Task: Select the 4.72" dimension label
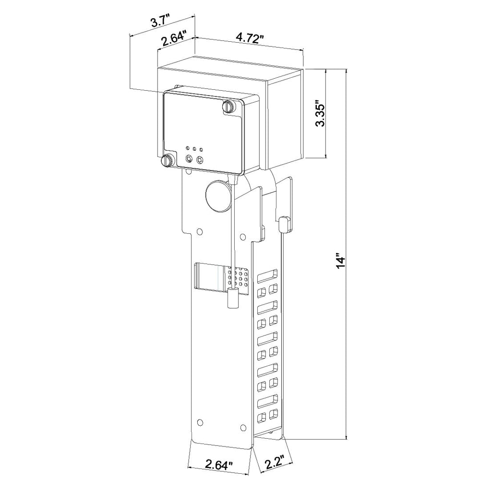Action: (x=250, y=37)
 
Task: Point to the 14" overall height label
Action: (x=341, y=261)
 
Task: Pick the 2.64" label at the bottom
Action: (x=219, y=466)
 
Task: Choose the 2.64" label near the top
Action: (x=174, y=37)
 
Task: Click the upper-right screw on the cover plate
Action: (x=228, y=106)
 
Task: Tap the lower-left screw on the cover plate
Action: (x=167, y=160)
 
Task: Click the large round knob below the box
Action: (x=218, y=196)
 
